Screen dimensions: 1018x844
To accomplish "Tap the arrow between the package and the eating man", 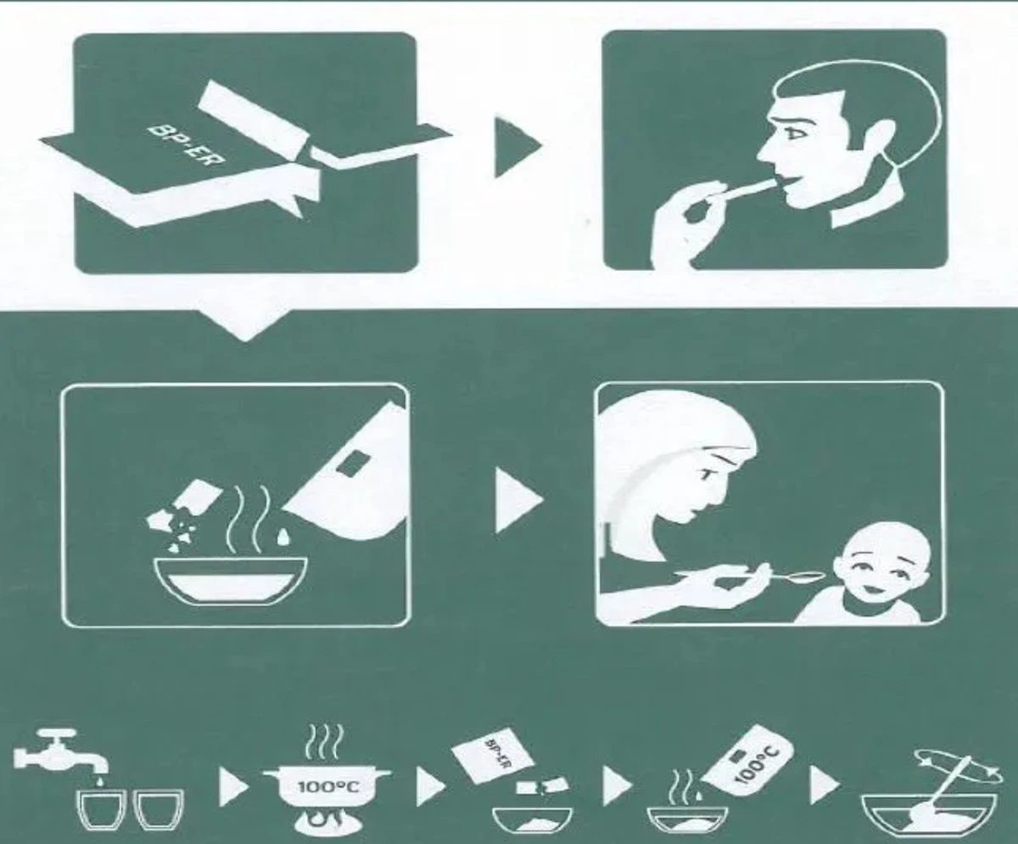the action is pyautogui.click(x=517, y=145).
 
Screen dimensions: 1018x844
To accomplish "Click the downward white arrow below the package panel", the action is pyautogui.click(x=245, y=325).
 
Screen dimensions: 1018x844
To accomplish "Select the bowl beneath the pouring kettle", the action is pyautogui.click(x=231, y=582).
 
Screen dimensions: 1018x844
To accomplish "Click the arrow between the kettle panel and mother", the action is pyautogui.click(x=518, y=500).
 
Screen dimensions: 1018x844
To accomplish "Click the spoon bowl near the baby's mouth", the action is pyautogui.click(x=811, y=577).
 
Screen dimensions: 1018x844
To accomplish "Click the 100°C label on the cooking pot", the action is pyautogui.click(x=329, y=787).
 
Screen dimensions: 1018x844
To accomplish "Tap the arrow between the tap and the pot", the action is pyautogui.click(x=233, y=788).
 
